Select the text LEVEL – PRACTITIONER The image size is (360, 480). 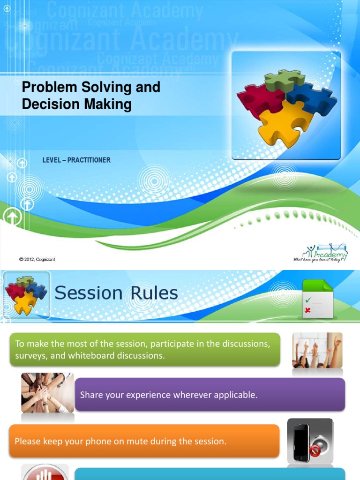pyautogui.click(x=76, y=160)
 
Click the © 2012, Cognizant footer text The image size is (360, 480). pyautogui.click(x=37, y=259)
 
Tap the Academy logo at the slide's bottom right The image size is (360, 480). pyautogui.click(x=321, y=253)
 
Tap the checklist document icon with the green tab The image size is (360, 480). pyautogui.click(x=317, y=299)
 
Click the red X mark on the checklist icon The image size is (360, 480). pyautogui.click(x=307, y=310)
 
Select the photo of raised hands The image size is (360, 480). pyautogui.click(x=317, y=350)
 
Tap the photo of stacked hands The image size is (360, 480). pyautogui.click(x=47, y=392)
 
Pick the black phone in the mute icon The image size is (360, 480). pyautogui.click(x=301, y=442)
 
